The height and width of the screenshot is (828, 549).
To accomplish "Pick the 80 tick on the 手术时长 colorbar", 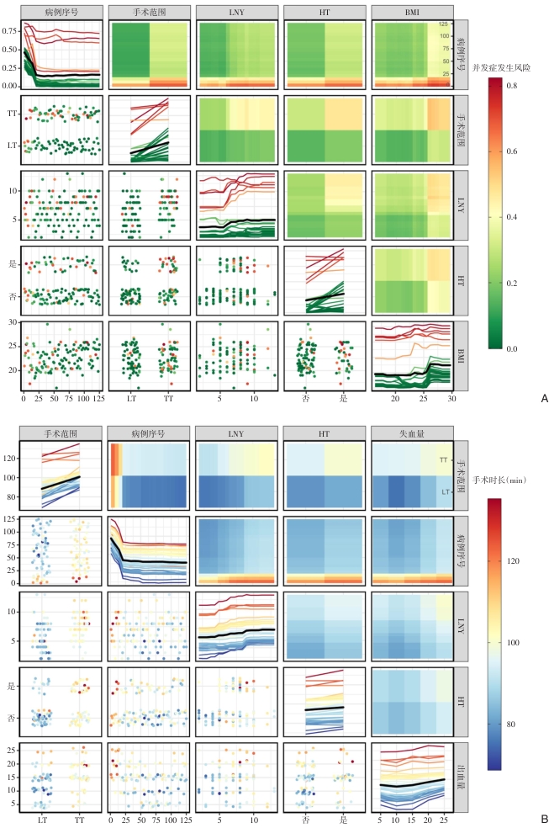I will point(510,724).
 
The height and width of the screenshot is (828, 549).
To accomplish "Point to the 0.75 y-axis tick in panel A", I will point(10,30).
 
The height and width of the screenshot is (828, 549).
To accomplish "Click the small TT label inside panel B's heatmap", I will point(442,460).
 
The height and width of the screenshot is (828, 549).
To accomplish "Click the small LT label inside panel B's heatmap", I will point(442,490).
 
